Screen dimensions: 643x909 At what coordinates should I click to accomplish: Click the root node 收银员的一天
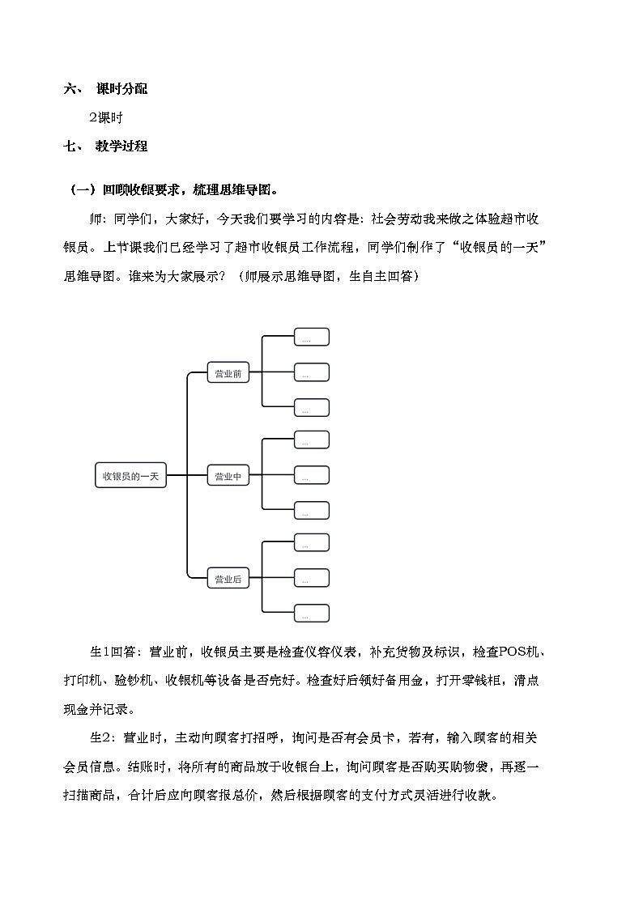click(x=130, y=477)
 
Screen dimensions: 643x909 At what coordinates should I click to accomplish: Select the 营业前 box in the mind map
click(x=228, y=374)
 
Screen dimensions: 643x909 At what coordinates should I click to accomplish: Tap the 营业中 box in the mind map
click(x=228, y=477)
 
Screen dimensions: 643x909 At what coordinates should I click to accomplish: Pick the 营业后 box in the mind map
click(x=228, y=579)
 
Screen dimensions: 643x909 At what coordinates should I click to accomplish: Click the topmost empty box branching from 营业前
click(x=311, y=338)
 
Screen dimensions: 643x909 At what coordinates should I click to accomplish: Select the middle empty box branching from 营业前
click(x=311, y=372)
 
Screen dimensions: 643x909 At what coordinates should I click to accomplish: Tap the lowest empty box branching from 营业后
click(x=311, y=614)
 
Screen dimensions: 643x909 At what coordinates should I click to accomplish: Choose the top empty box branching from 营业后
click(x=311, y=543)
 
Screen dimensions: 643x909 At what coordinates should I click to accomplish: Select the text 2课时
click(x=105, y=117)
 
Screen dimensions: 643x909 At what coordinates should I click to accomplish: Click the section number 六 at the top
click(x=70, y=89)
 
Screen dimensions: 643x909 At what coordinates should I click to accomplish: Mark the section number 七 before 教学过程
click(x=70, y=147)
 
